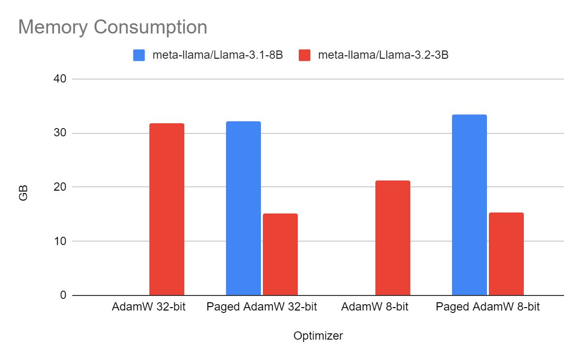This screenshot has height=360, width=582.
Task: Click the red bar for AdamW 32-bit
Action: [166, 209]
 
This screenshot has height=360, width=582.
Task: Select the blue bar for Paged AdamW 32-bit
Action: [243, 208]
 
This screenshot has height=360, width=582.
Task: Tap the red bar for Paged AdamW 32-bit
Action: [280, 254]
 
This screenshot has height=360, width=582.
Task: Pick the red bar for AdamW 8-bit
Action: [392, 238]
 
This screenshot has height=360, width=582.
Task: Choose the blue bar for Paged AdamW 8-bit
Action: [469, 205]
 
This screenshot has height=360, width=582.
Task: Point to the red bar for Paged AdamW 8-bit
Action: [506, 254]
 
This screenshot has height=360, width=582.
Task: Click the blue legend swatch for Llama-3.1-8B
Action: [139, 55]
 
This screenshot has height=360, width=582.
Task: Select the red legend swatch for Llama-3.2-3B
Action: [304, 55]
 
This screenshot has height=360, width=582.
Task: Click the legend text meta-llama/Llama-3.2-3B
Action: [383, 55]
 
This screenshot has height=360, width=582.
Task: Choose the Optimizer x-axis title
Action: [318, 336]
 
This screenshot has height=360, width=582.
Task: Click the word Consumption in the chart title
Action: [150, 27]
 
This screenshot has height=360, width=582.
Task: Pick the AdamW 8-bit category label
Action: [374, 307]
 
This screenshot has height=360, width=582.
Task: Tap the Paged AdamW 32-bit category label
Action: [261, 307]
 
